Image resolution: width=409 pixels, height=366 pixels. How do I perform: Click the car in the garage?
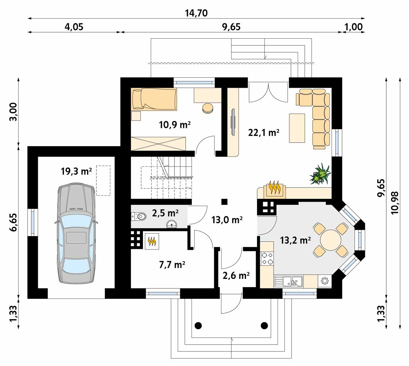click(x=76, y=233)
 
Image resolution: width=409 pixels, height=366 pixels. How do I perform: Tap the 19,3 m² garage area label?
click(x=76, y=171)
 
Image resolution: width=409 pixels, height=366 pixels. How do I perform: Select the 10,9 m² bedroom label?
click(x=174, y=125)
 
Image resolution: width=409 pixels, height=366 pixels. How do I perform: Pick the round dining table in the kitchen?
click(x=331, y=240)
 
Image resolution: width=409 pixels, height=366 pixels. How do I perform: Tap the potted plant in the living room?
click(x=320, y=174)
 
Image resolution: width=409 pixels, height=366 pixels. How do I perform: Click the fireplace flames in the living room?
click(x=274, y=188)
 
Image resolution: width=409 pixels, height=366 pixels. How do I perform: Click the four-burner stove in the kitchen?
click(x=267, y=259)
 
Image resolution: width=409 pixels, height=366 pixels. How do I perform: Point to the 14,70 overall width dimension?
click(x=196, y=13)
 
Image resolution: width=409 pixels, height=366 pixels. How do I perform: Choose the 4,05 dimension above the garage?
click(x=74, y=27)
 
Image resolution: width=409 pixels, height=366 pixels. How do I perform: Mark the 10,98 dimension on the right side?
click(x=395, y=203)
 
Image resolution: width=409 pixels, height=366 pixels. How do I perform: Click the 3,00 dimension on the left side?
click(x=14, y=111)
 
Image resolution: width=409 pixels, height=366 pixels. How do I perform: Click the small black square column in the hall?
click(x=224, y=202)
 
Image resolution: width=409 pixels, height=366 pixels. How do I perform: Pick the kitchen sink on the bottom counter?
click(x=289, y=281)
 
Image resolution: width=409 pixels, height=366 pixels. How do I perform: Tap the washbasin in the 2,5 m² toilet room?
click(x=172, y=224)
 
